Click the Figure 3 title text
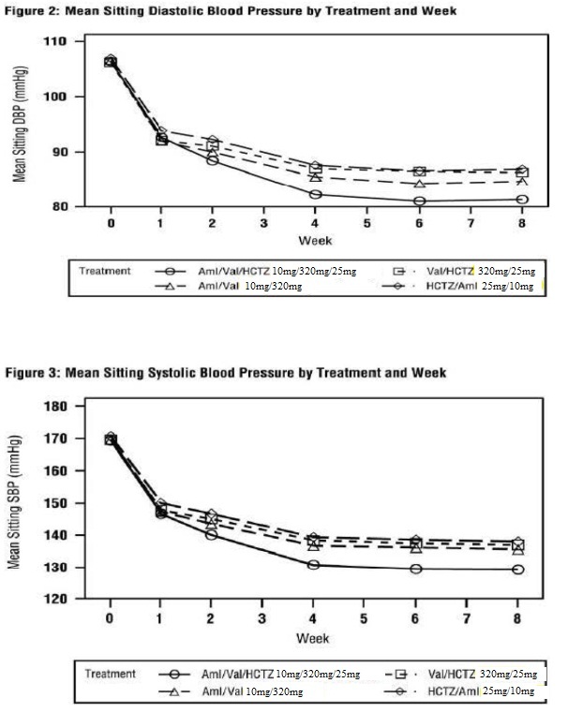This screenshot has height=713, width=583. tap(226, 373)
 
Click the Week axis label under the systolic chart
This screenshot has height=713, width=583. tap(313, 638)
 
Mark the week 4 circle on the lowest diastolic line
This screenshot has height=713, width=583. tap(316, 195)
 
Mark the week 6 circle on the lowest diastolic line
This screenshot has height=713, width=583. tap(419, 201)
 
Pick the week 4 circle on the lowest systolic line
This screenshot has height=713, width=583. tap(313, 565)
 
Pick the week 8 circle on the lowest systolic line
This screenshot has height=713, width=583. tap(518, 570)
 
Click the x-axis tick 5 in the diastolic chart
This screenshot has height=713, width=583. tap(367, 223)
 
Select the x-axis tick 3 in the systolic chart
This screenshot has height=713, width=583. tap(262, 618)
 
